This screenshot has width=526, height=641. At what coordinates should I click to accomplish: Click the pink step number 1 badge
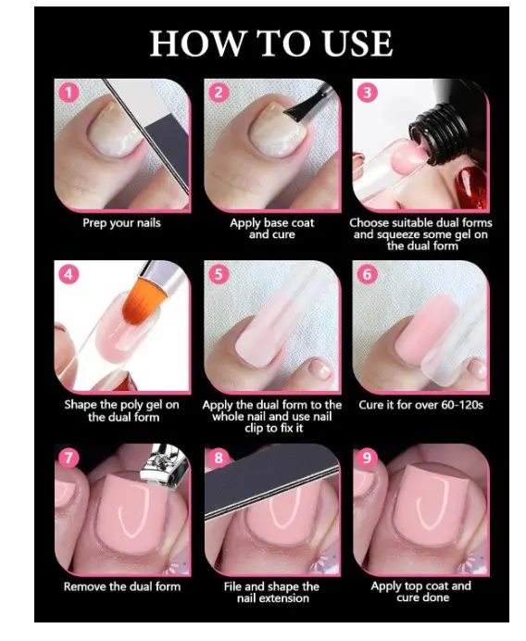coord(69,93)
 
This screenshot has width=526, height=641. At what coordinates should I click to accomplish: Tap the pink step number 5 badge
coord(219,274)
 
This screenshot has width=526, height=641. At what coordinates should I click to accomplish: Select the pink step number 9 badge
coord(367,457)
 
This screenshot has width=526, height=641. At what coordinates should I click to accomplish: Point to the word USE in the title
coord(357,44)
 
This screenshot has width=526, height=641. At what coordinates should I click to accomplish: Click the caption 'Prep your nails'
coord(121,223)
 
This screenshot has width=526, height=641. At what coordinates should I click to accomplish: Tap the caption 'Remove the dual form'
coord(122,586)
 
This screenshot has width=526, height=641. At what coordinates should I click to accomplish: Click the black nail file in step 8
coord(269,483)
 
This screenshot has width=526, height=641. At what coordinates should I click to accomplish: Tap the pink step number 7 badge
coord(69,457)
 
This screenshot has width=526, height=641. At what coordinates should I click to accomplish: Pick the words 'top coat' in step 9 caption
coord(426,585)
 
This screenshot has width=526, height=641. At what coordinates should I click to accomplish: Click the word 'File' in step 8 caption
coord(232,586)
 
